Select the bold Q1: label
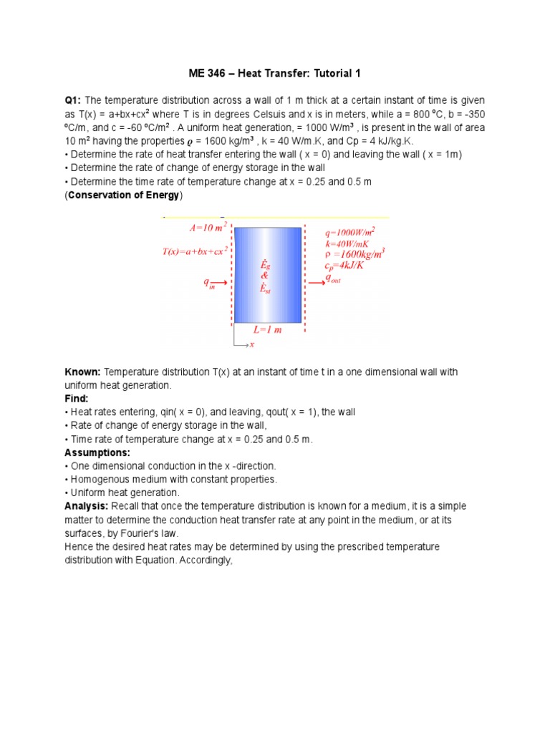[x=74, y=99]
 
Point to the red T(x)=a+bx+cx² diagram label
[x=194, y=251]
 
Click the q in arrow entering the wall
[x=218, y=283]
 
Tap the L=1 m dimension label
[x=268, y=330]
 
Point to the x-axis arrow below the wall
[x=243, y=345]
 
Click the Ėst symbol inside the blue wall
[x=265, y=289]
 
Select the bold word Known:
[x=83, y=372]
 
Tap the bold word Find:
[x=77, y=399]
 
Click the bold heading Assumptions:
[x=97, y=452]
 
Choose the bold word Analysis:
[x=86, y=506]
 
